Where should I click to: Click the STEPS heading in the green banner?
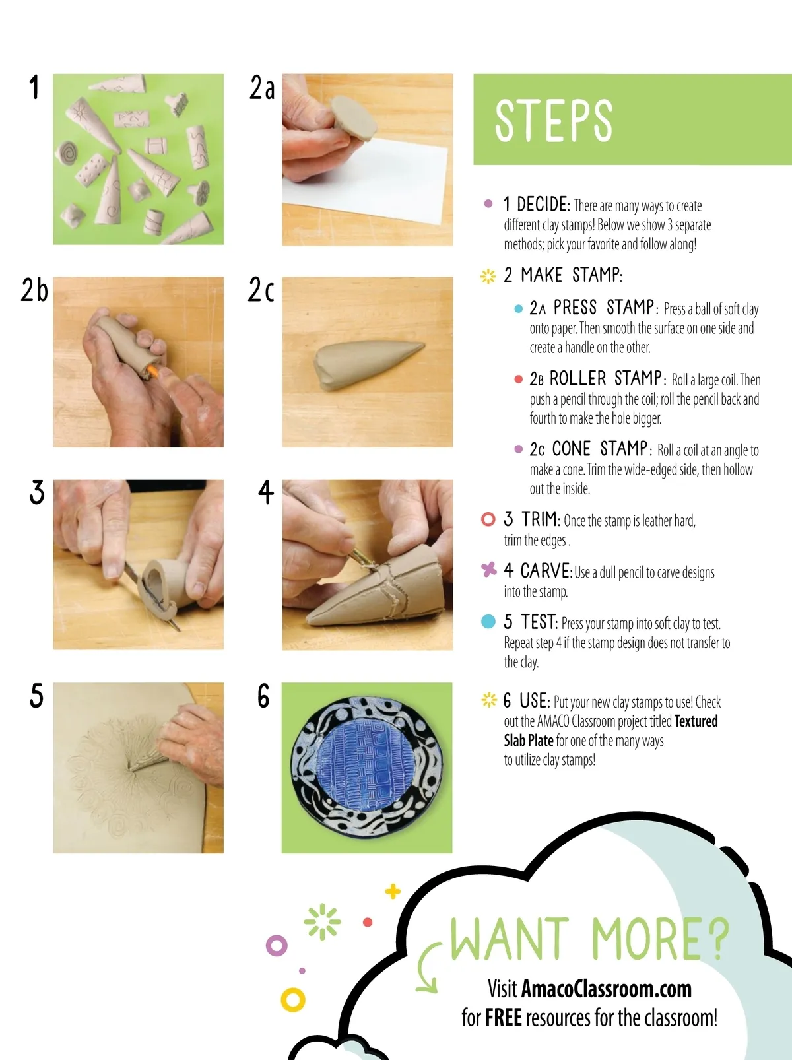[x=554, y=121]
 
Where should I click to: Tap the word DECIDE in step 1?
[x=543, y=205]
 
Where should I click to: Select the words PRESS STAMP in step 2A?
[x=604, y=308]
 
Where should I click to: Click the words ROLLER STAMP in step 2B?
[x=606, y=379]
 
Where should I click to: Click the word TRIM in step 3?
[x=539, y=519]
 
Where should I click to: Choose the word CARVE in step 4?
[x=546, y=572]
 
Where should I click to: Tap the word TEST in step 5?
[x=538, y=622]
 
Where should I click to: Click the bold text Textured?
[x=696, y=721]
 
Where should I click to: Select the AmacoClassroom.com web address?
[x=606, y=989]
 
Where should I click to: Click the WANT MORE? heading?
[x=589, y=939]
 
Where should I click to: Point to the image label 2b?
[x=34, y=290]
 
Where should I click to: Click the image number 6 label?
[x=263, y=696]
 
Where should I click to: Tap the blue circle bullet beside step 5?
[x=488, y=621]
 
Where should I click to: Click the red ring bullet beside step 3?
[x=488, y=519]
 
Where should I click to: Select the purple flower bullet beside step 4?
[x=488, y=570]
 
